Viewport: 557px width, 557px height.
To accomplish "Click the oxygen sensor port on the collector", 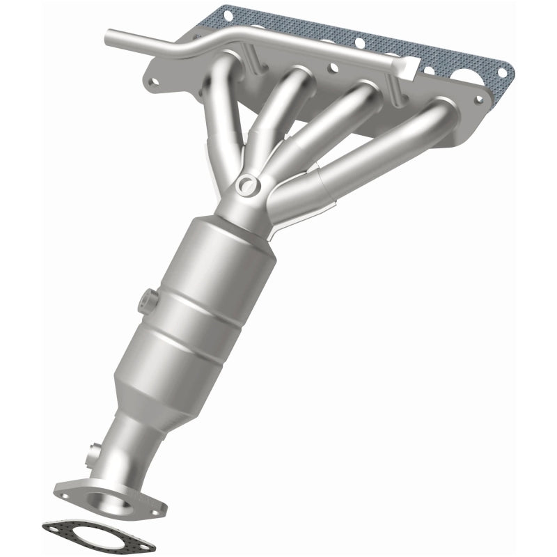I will point(246,185).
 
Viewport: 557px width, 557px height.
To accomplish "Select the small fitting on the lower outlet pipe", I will point(91,457).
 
